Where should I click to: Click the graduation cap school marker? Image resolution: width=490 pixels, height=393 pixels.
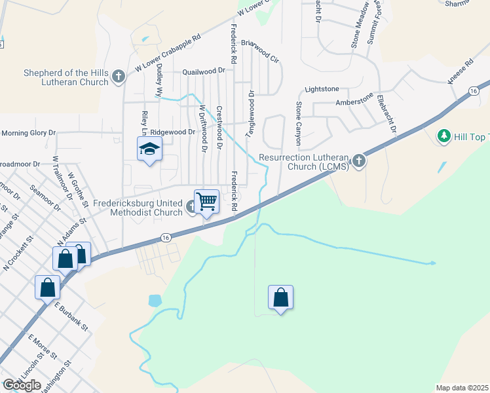[149, 150]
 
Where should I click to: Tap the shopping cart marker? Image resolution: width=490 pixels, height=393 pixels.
[206, 202]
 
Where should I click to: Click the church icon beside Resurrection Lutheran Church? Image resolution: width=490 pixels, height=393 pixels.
[359, 161]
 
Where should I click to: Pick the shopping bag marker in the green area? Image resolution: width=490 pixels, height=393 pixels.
[280, 297]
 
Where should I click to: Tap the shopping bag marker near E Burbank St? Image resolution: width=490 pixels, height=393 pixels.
[48, 287]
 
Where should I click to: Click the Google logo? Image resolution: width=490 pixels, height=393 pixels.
[22, 384]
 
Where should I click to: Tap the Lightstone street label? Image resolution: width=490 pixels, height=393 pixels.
[322, 88]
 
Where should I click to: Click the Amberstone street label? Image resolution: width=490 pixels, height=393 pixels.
[354, 102]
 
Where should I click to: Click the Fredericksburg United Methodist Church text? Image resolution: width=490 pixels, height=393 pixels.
[138, 208]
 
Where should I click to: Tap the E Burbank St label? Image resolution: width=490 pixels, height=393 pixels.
[71, 316]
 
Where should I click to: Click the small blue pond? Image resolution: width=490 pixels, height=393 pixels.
[155, 301]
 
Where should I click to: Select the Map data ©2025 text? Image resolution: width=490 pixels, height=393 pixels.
[462, 388]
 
